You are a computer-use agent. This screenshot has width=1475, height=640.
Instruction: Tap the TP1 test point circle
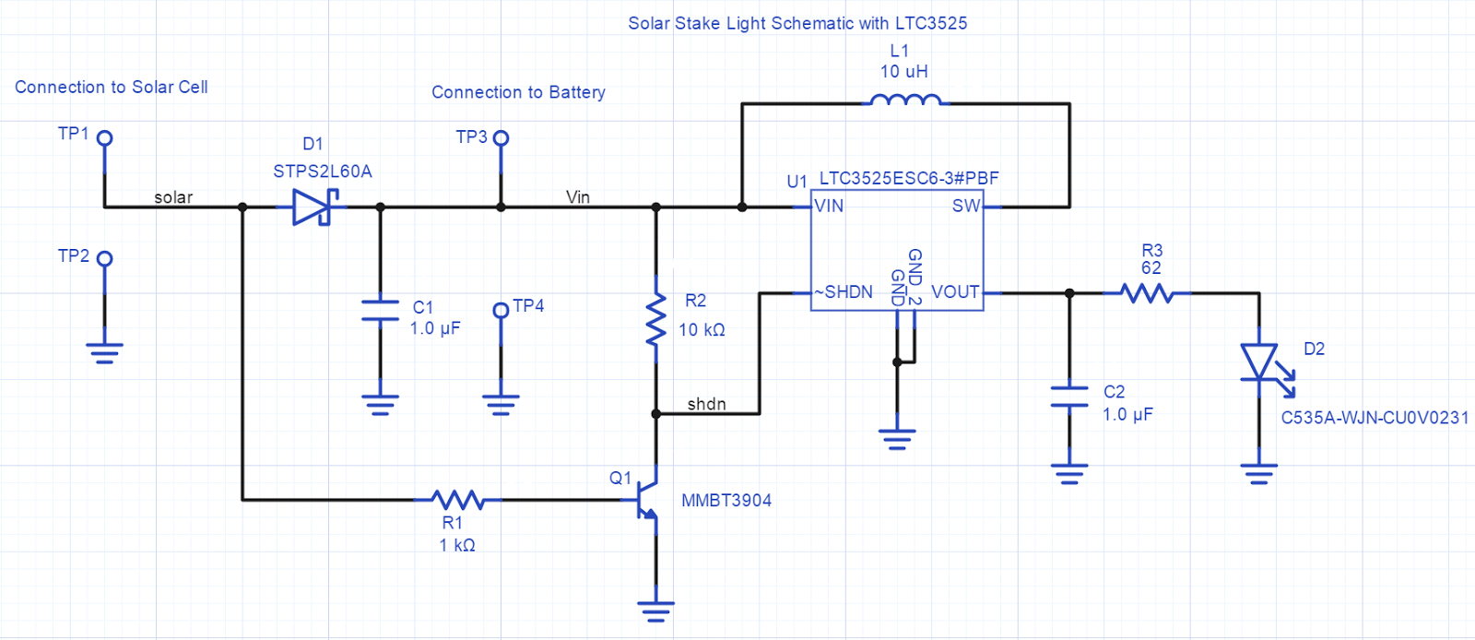tap(105, 138)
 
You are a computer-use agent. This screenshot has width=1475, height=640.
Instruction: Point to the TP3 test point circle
tap(501, 138)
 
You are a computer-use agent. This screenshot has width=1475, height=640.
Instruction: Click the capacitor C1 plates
tap(380, 310)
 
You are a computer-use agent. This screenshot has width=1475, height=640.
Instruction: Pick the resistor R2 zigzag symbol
tap(656, 319)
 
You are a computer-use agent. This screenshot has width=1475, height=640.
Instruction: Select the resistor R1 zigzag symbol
tap(458, 500)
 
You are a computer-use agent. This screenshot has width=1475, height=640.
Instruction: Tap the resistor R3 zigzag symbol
tap(1147, 293)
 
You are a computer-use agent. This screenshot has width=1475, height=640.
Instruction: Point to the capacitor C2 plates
tap(1069, 397)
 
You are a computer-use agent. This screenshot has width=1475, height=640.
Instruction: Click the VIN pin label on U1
tap(829, 207)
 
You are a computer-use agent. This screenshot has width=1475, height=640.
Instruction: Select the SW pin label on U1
tap(965, 207)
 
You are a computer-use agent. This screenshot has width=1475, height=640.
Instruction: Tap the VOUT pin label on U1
tap(955, 292)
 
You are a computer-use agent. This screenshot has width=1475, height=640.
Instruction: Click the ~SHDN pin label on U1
tap(844, 292)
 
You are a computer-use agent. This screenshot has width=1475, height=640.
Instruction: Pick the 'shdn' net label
tap(706, 404)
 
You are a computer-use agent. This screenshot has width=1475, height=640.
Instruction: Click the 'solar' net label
tap(173, 197)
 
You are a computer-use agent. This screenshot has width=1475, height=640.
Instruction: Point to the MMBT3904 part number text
tap(726, 501)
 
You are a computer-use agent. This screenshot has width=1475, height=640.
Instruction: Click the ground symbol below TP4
tap(501, 404)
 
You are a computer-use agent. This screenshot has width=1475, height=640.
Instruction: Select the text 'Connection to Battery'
tap(518, 92)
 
